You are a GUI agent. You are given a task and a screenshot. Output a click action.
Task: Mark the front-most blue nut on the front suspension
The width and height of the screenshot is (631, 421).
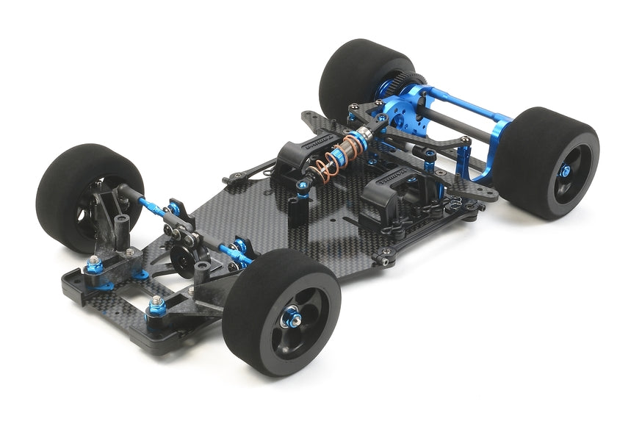(x=156, y=304)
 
